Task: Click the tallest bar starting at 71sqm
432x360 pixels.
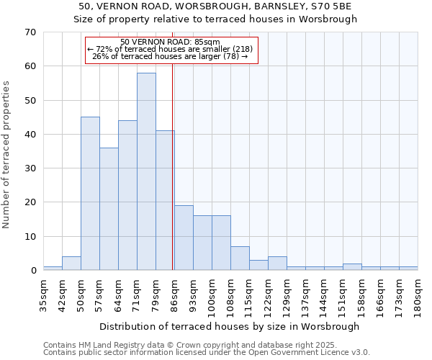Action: point(146,171)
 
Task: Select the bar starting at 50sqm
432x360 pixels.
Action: point(90,194)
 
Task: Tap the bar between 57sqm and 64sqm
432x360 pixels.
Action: point(109,209)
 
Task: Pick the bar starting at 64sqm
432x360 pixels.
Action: point(127,195)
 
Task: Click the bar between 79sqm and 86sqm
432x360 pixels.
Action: point(165,200)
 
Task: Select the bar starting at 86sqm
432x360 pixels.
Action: point(184,238)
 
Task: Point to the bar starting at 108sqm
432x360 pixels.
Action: point(240,258)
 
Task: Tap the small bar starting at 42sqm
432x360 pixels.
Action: point(71,263)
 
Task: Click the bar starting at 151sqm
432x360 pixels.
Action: point(352,266)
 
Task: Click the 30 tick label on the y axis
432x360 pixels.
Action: point(30,168)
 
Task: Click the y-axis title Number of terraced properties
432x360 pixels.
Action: point(7,154)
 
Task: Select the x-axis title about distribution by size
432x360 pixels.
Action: point(229,326)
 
